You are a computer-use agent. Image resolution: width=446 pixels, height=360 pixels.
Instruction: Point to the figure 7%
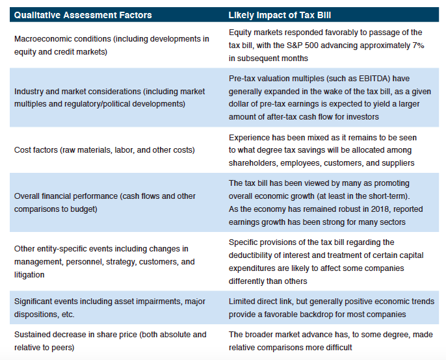tap(417, 45)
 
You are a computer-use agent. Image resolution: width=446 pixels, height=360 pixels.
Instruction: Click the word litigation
tap(30, 275)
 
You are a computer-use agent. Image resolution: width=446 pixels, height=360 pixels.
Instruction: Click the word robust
tap(315, 209)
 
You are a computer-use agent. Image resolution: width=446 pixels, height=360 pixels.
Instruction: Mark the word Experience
tap(250, 137)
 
